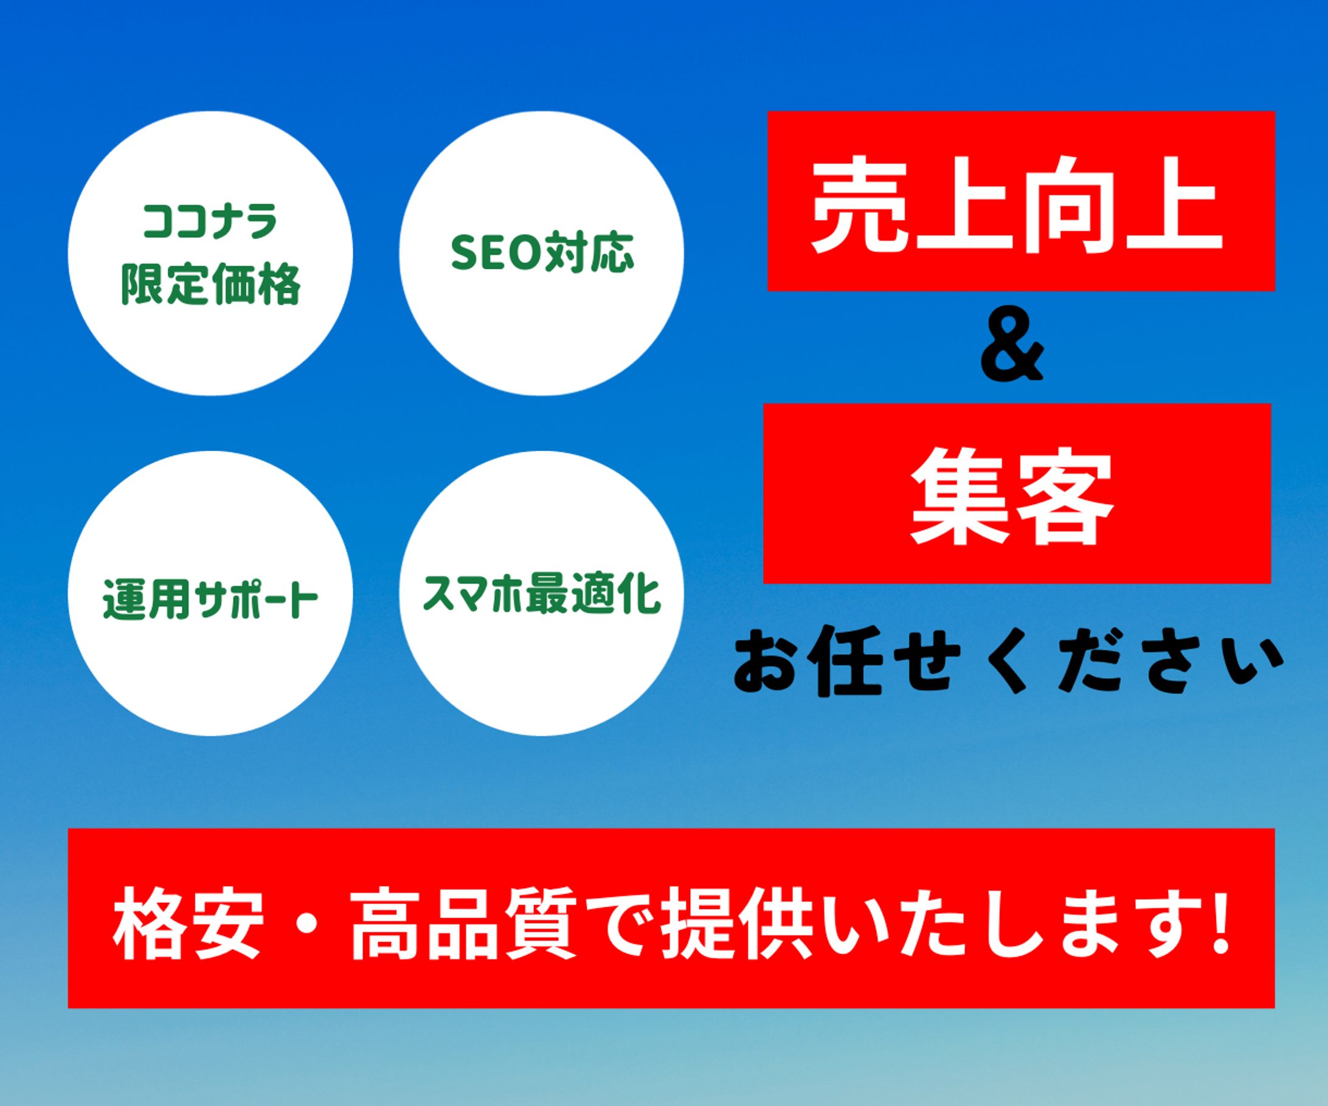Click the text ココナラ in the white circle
click(210, 222)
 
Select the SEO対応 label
click(541, 253)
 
